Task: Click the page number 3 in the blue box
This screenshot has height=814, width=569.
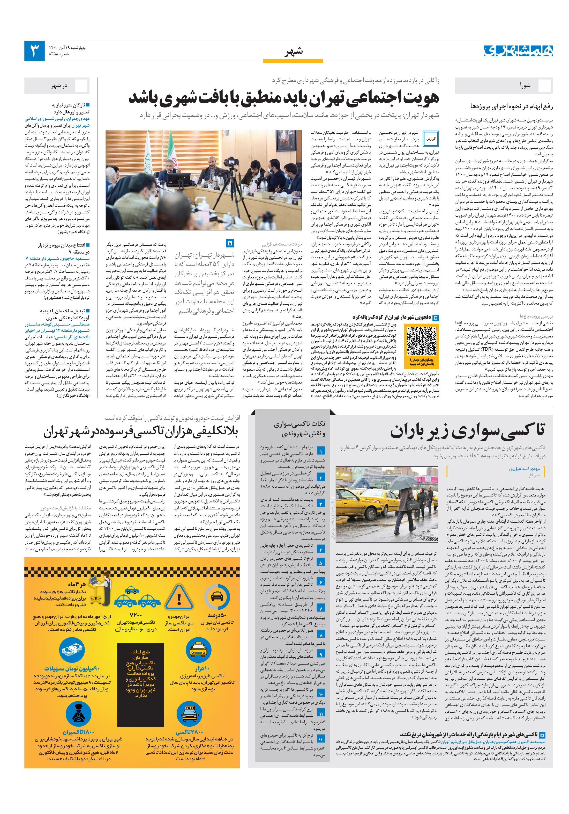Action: coord(34,51)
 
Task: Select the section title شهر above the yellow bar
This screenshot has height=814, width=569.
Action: coord(294,52)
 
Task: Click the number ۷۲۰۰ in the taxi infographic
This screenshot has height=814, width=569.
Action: coord(136,615)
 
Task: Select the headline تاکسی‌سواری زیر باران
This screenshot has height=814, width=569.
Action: coord(467,430)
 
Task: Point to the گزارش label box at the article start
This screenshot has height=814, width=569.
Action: coord(431,139)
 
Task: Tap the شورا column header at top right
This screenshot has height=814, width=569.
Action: coord(525,85)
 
